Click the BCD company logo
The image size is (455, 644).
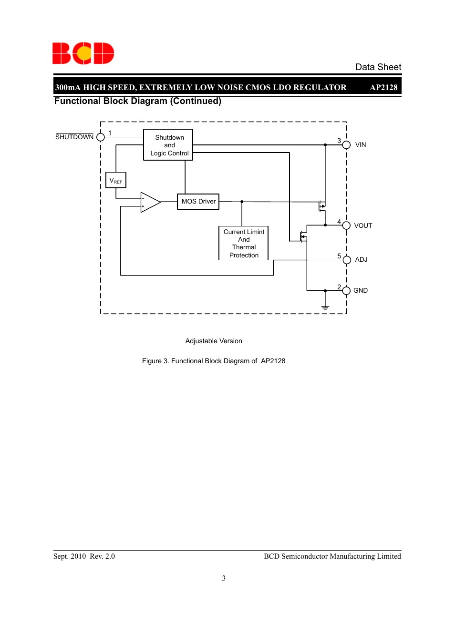[x=83, y=53]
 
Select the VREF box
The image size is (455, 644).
[x=116, y=180]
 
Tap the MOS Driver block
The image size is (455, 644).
[x=198, y=202]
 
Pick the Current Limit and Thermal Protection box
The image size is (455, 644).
[x=243, y=243]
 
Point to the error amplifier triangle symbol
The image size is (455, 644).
[x=150, y=202]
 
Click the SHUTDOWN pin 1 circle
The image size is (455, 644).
[x=101, y=137]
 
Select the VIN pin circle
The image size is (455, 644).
[x=346, y=145]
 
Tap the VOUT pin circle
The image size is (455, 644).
[x=346, y=225]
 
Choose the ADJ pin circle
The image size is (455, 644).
[x=346, y=260]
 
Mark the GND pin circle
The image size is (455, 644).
[x=346, y=291]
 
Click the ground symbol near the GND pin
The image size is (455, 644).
[x=325, y=307]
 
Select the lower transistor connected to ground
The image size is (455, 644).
[x=303, y=236]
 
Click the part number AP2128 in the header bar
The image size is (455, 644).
[x=383, y=87]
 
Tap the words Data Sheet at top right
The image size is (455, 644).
[x=378, y=67]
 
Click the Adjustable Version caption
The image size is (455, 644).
[x=214, y=341]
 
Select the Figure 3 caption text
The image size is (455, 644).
[x=214, y=361]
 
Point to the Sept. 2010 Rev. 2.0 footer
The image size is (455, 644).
[x=84, y=556]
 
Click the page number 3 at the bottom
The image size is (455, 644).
[x=224, y=578]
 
